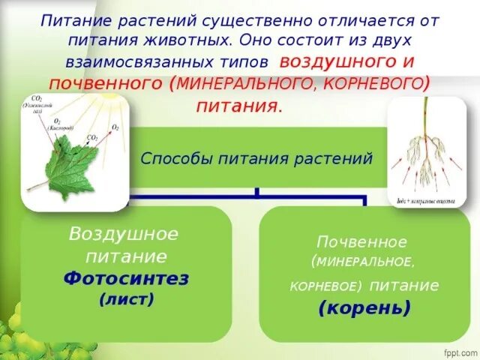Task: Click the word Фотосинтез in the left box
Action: [126, 279]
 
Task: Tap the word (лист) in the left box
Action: [126, 300]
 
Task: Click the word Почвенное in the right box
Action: [362, 242]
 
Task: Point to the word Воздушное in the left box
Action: [124, 235]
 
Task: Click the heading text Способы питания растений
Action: [257, 158]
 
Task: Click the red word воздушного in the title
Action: [339, 62]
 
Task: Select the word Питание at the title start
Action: [73, 21]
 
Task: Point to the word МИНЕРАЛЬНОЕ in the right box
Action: [363, 262]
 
